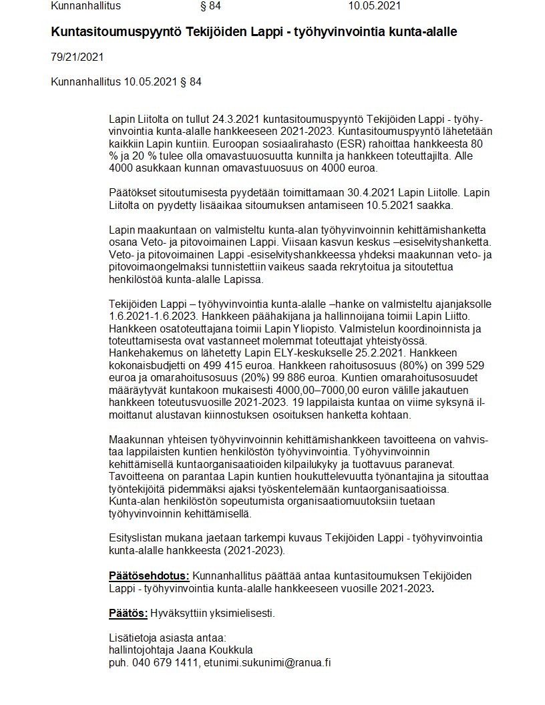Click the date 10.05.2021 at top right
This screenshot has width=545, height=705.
coord(374,7)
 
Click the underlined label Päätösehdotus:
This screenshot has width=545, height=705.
coord(149,576)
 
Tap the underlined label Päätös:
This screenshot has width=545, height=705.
coord(128,613)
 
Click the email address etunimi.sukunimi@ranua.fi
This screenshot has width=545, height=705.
coord(268,662)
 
